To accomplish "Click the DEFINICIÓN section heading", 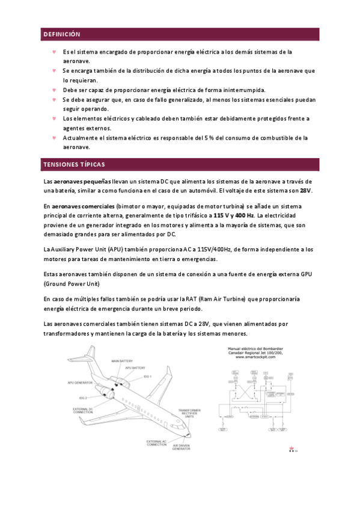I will coord(62,34).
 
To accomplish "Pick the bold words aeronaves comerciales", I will coord(84,206).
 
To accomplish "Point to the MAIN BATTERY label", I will coord(122,361).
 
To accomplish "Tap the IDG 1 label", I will coord(147,376).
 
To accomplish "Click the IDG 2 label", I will coord(83,398).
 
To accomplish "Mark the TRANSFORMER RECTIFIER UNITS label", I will coord(190,413).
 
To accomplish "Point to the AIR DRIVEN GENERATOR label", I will coord(182,447).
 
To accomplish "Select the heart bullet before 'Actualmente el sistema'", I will coord(54,138).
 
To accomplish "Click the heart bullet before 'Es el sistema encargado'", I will coord(54,52).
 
